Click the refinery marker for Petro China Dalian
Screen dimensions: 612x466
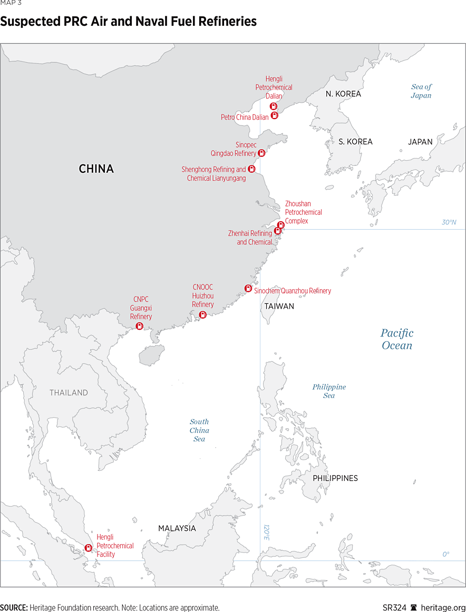[x=274, y=115]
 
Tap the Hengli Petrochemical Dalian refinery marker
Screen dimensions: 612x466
[x=273, y=106]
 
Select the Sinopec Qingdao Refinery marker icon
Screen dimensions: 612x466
[x=261, y=153]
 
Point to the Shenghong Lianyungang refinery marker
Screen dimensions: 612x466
[x=251, y=169]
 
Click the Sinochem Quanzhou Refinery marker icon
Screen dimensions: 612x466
[x=248, y=288]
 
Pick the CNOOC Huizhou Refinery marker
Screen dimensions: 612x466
[x=202, y=314]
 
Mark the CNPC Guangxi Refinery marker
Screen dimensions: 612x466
[x=140, y=326]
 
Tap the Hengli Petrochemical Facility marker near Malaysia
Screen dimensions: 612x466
[x=88, y=548]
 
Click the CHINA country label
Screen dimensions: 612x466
[x=96, y=169]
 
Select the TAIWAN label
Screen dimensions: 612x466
[x=279, y=306]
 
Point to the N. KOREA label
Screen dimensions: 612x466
[x=343, y=94]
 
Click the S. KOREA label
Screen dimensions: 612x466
[x=355, y=142]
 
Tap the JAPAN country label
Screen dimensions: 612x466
[x=420, y=142]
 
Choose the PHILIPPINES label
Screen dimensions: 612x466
[x=335, y=478]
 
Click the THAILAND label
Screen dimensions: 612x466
[x=69, y=393]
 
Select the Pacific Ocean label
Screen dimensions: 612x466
[x=397, y=339]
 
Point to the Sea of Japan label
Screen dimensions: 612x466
[x=421, y=91]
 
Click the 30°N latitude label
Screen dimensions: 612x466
[x=449, y=222]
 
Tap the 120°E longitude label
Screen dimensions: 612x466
[x=266, y=532]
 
